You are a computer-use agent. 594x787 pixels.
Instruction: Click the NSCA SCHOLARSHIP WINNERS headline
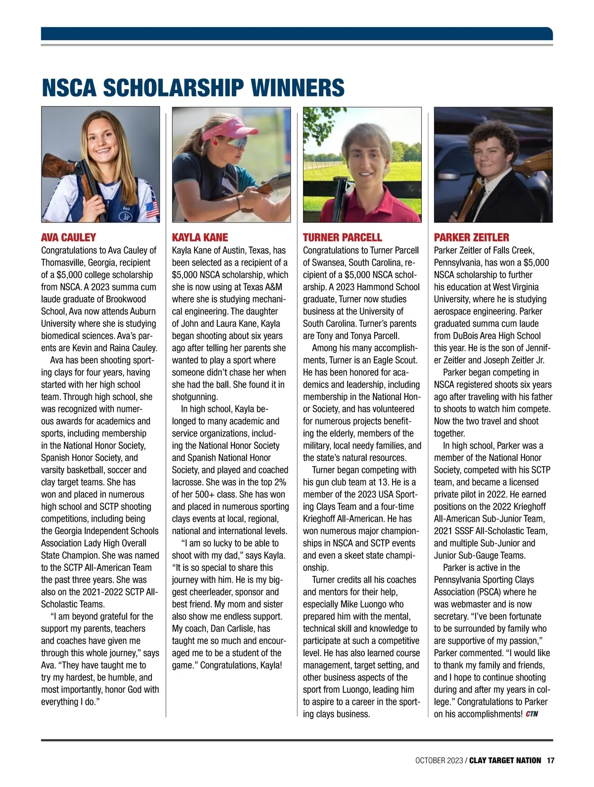[x=193, y=88]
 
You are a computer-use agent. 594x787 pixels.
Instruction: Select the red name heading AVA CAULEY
[x=68, y=237]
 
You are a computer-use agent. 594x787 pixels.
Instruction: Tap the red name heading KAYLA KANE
[x=200, y=237]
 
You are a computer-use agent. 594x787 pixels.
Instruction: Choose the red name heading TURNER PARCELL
[x=342, y=237]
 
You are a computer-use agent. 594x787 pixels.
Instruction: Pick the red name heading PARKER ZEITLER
[x=471, y=237]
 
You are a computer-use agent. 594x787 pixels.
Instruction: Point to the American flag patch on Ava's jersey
[x=152, y=210]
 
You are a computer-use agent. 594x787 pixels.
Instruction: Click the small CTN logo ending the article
[x=532, y=714]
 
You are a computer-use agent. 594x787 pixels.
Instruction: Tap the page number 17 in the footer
[x=550, y=760]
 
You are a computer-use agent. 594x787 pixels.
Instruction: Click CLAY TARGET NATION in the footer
[x=505, y=760]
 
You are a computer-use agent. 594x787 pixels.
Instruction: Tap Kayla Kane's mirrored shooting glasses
[x=238, y=143]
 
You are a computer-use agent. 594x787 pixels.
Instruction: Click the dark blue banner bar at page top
[x=297, y=33]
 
